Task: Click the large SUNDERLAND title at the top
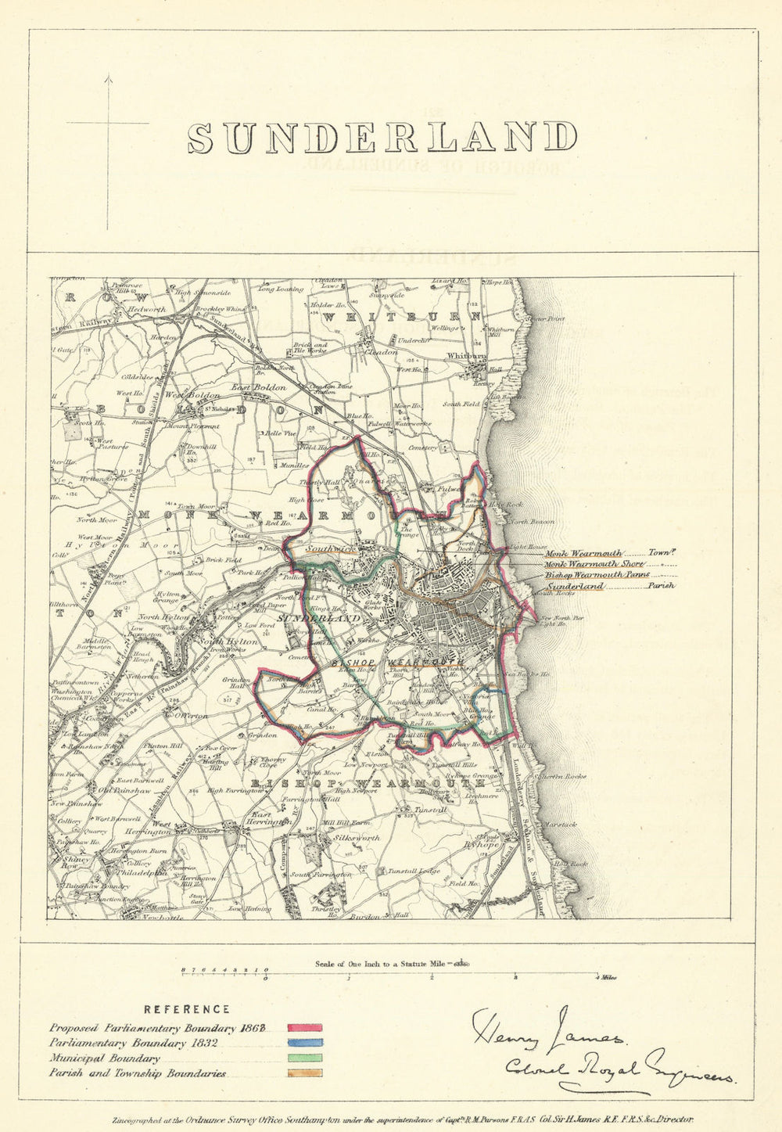click(382, 138)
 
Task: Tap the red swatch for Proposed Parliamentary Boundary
click(305, 1028)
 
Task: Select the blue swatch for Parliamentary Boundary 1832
click(305, 1043)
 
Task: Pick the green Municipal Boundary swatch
click(305, 1058)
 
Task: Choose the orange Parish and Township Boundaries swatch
click(305, 1074)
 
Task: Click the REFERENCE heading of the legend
click(187, 1009)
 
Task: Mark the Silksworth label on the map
click(356, 837)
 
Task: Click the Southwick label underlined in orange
click(328, 549)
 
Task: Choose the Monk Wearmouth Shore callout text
click(594, 564)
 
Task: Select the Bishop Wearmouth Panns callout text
click(597, 575)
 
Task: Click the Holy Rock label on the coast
click(500, 505)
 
